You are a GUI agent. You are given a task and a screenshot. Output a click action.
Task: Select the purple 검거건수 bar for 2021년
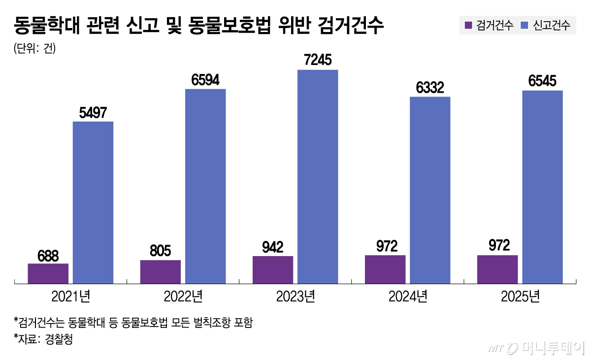click(x=48, y=273)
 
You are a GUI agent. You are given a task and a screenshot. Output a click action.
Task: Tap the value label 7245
click(x=318, y=60)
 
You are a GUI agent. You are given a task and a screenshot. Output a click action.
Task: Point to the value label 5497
click(x=93, y=112)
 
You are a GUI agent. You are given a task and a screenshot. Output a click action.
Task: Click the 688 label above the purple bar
click(x=48, y=256)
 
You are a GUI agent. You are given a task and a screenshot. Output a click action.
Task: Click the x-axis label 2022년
click(x=183, y=296)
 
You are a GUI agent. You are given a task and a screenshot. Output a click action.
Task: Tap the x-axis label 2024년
click(x=408, y=296)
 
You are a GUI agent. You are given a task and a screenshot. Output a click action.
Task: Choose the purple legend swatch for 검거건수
click(x=468, y=25)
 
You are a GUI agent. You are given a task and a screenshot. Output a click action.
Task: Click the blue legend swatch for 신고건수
click(x=525, y=25)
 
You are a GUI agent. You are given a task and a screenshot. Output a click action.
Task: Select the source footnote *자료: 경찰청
click(x=43, y=339)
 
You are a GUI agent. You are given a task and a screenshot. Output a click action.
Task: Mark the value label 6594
click(x=205, y=80)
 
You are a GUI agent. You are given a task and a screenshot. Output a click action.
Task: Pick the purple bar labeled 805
click(x=160, y=271)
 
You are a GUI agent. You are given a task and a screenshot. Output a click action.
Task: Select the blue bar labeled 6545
click(x=542, y=187)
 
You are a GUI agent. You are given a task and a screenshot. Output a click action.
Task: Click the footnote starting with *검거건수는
click(x=133, y=323)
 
